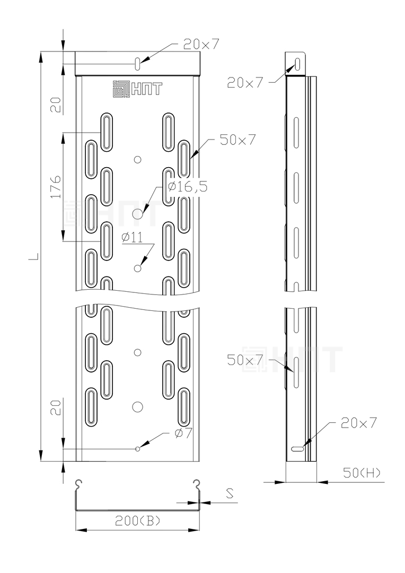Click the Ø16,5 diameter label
tap(188, 187)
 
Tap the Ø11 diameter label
tap(132, 238)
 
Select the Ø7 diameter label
tap(183, 433)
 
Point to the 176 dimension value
tap(56, 186)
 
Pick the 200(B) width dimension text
tap(138, 521)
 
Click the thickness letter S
tap(230, 494)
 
